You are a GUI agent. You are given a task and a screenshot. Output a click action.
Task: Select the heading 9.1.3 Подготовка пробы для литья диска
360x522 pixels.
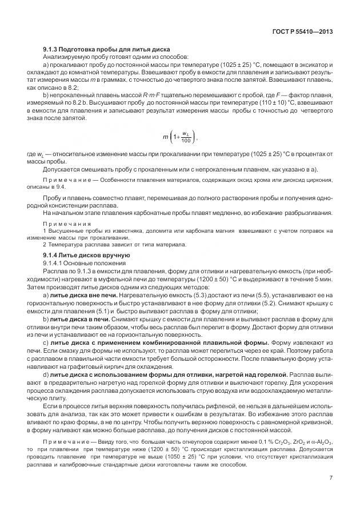tap(106, 50)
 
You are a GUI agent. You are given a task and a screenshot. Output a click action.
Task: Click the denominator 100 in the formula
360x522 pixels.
tap(186, 141)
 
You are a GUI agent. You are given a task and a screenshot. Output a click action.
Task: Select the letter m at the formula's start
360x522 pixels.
tap(166, 137)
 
